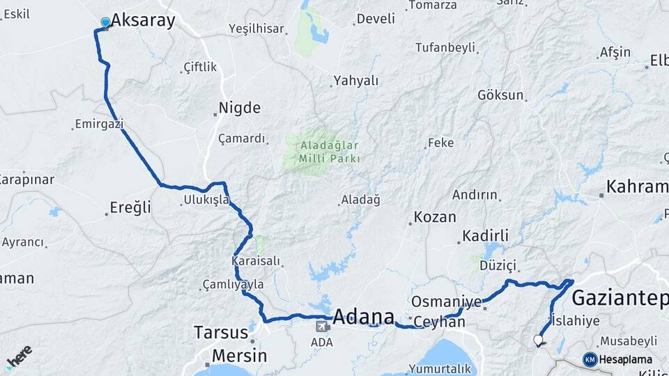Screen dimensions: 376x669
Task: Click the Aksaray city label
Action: point(143,21)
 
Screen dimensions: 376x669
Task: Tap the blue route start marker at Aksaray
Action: point(105,22)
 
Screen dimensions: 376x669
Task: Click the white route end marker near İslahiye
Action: point(537,340)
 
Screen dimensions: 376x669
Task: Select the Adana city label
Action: point(363,317)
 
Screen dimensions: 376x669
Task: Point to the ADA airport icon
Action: point(323,326)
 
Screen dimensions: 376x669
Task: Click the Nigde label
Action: point(240,108)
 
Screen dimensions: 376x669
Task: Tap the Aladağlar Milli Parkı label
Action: point(330,152)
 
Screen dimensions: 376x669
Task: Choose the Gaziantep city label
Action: point(620,298)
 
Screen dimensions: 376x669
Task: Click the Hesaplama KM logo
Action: point(590,359)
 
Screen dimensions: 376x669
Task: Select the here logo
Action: point(19,356)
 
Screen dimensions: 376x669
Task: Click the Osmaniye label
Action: point(446,301)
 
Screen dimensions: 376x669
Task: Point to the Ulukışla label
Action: point(206,200)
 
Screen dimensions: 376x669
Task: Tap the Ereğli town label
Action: point(130,207)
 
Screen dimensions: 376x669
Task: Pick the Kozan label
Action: point(435,217)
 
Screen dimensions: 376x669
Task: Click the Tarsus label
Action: point(221,331)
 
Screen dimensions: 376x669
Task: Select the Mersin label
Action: point(239,356)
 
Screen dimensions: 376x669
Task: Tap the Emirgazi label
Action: point(100,124)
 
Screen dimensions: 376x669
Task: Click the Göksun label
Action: point(500,95)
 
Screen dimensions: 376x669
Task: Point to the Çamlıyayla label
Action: point(233,284)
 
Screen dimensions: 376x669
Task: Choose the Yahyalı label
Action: point(356,81)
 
